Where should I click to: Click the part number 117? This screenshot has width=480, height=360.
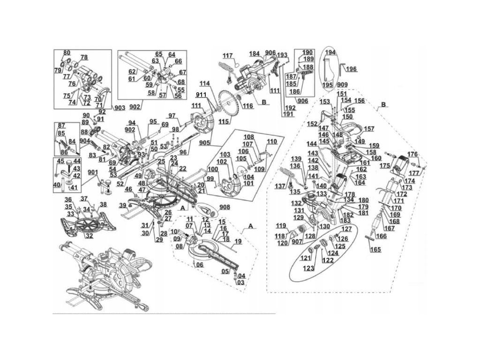[x=228, y=56]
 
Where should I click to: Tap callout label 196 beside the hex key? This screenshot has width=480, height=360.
[x=351, y=69]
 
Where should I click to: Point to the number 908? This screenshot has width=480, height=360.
[x=225, y=207]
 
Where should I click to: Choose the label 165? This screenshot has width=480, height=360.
[x=375, y=249]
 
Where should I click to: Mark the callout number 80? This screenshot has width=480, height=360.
[x=67, y=52]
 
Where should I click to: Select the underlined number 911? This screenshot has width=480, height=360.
[x=201, y=95]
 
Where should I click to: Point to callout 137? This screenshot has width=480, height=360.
[x=280, y=187]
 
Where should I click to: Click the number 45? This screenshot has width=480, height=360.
[x=60, y=162]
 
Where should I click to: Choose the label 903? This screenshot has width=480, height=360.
[x=120, y=108]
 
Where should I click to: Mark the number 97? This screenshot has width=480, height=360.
[x=172, y=116]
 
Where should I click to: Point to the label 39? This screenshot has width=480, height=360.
[x=122, y=206]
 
